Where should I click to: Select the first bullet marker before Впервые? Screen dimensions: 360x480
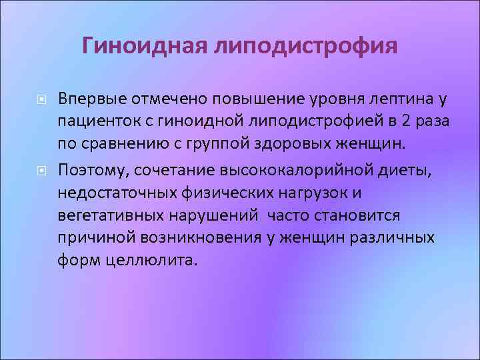tap(41, 100)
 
